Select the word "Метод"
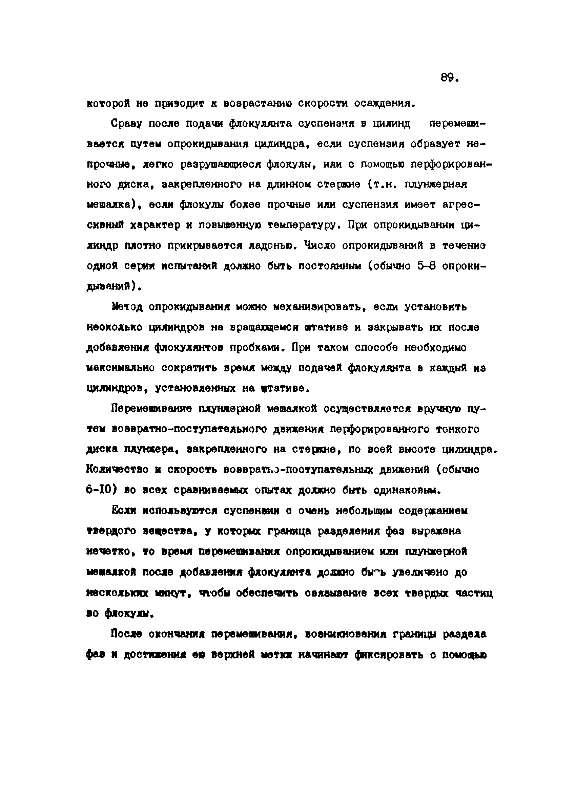click(x=126, y=307)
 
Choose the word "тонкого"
click(x=458, y=429)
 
